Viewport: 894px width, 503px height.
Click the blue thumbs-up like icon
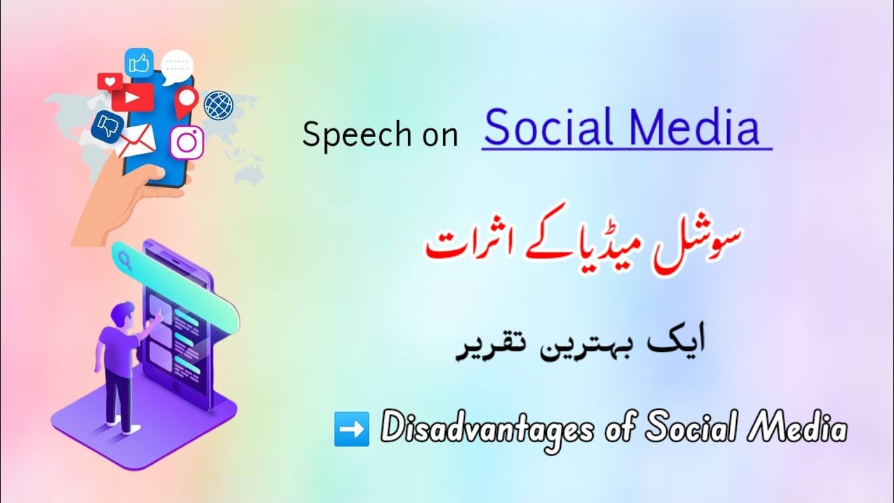(x=138, y=62)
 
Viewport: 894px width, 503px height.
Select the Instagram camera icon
(x=186, y=142)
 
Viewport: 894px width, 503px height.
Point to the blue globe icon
(x=218, y=105)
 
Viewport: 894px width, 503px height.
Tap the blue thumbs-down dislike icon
(x=108, y=126)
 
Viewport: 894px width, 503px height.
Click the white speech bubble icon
(x=177, y=66)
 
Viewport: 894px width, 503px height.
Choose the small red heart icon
(x=109, y=82)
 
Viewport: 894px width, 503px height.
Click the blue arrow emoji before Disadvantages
(x=351, y=429)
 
